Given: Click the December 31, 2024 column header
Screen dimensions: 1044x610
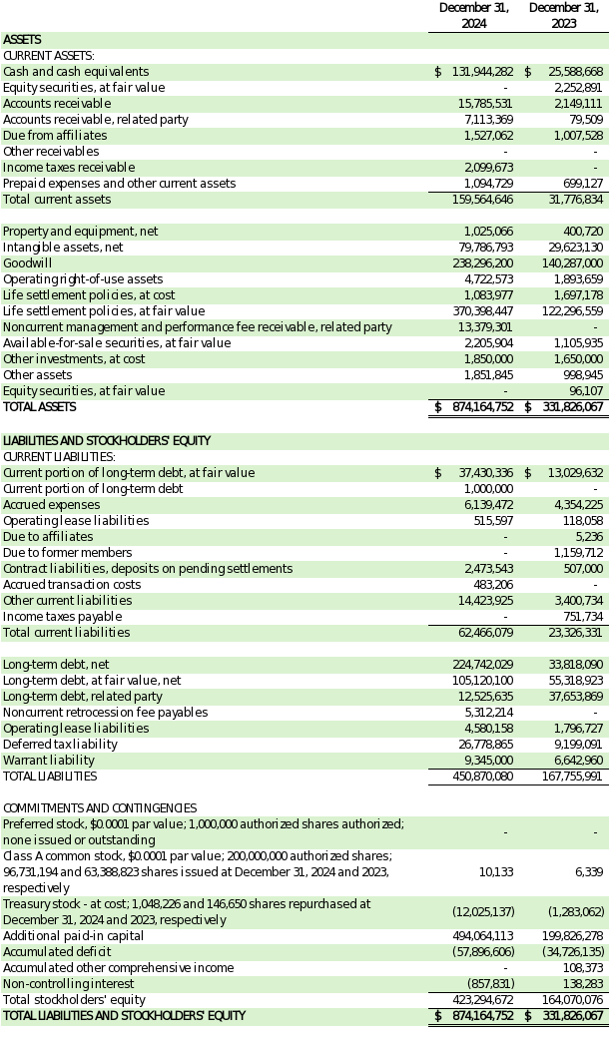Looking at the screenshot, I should tap(473, 15).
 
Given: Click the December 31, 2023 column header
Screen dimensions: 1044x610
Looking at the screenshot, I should tap(563, 15).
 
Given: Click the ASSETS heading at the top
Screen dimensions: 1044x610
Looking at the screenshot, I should tap(22, 40).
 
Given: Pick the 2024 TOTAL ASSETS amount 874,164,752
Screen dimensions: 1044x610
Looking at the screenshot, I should tap(482, 407).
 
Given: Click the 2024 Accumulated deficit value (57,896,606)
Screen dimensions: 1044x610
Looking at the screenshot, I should tap(480, 952).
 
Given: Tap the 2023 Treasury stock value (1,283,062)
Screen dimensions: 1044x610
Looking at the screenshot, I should tap(576, 912).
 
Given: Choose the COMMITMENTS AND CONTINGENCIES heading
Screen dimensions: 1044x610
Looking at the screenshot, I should tap(100, 808).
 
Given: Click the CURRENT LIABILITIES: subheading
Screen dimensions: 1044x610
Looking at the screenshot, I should tap(59, 457).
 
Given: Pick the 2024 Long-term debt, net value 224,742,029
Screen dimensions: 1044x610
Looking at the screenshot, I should tap(482, 665).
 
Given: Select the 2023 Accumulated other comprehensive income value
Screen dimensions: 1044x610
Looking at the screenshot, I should tap(583, 968).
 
